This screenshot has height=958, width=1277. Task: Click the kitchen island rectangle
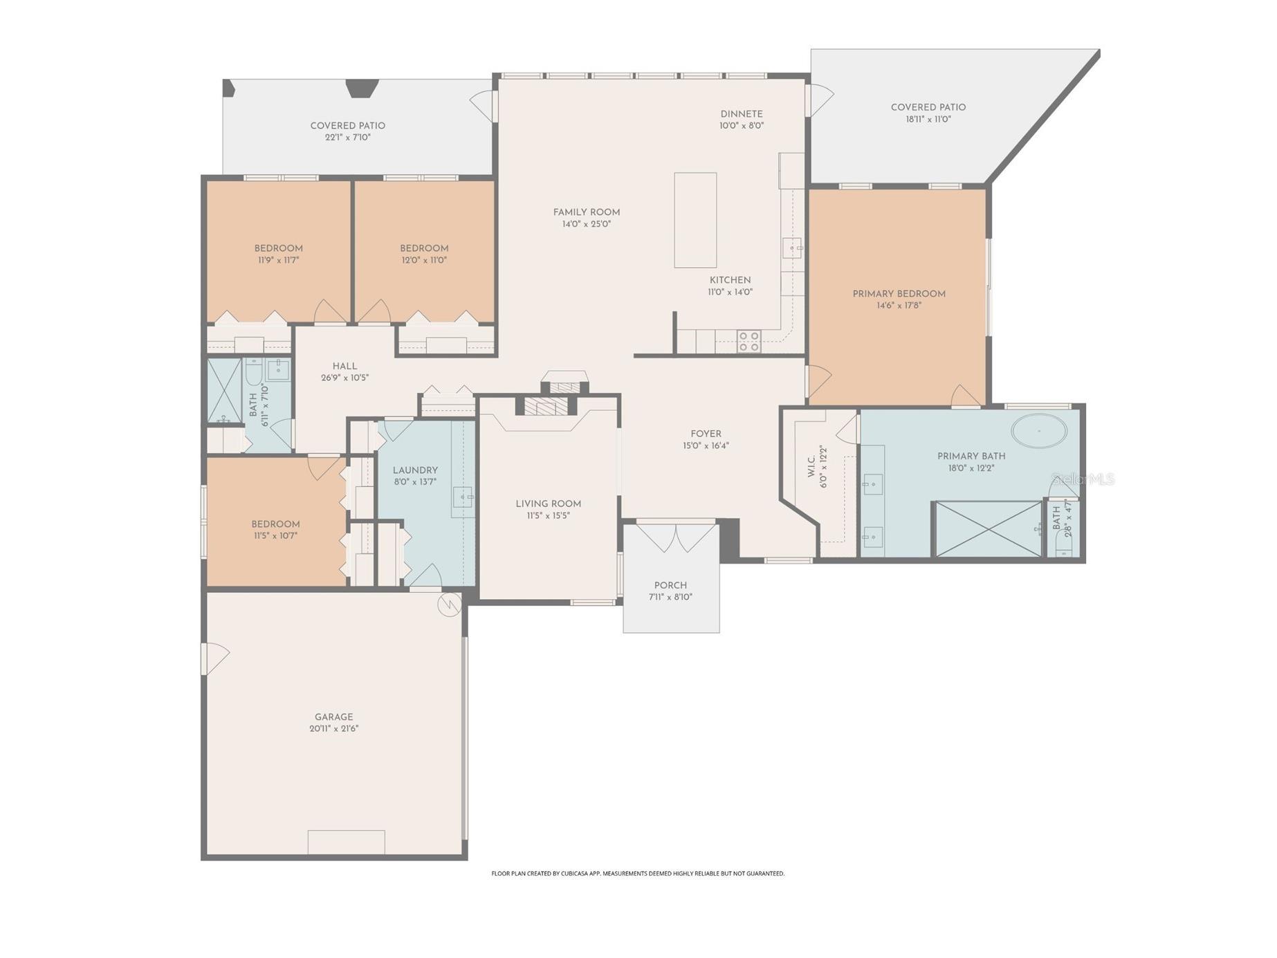click(695, 220)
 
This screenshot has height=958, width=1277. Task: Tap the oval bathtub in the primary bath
click(1038, 431)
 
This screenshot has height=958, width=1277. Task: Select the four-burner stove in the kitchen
click(748, 341)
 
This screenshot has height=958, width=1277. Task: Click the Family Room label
click(586, 212)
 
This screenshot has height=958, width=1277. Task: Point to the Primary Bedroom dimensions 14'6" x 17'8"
click(899, 305)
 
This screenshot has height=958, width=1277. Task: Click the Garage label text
click(333, 717)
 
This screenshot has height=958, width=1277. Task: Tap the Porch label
click(670, 585)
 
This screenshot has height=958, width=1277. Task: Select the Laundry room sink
click(463, 497)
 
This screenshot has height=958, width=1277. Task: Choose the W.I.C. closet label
click(812, 466)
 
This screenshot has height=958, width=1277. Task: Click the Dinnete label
click(741, 114)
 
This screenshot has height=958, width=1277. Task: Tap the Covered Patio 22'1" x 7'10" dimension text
click(347, 138)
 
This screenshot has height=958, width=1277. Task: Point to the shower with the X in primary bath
click(988, 529)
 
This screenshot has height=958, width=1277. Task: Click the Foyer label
click(706, 434)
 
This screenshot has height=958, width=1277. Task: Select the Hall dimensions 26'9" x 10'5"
click(344, 378)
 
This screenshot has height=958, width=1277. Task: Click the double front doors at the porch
click(676, 537)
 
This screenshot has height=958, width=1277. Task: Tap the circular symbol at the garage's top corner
click(449, 605)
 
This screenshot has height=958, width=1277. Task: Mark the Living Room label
click(548, 504)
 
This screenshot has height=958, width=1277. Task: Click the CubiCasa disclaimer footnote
click(638, 874)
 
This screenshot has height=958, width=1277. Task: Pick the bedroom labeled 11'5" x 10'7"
click(275, 529)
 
